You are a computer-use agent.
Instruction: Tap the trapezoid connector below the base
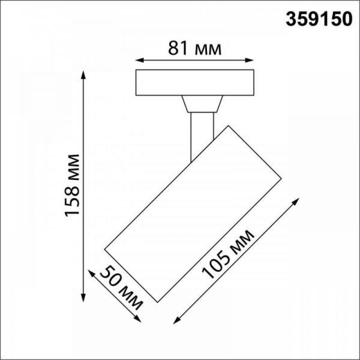tap(200, 105)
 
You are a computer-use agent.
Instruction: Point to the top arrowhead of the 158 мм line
tap(83, 74)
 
